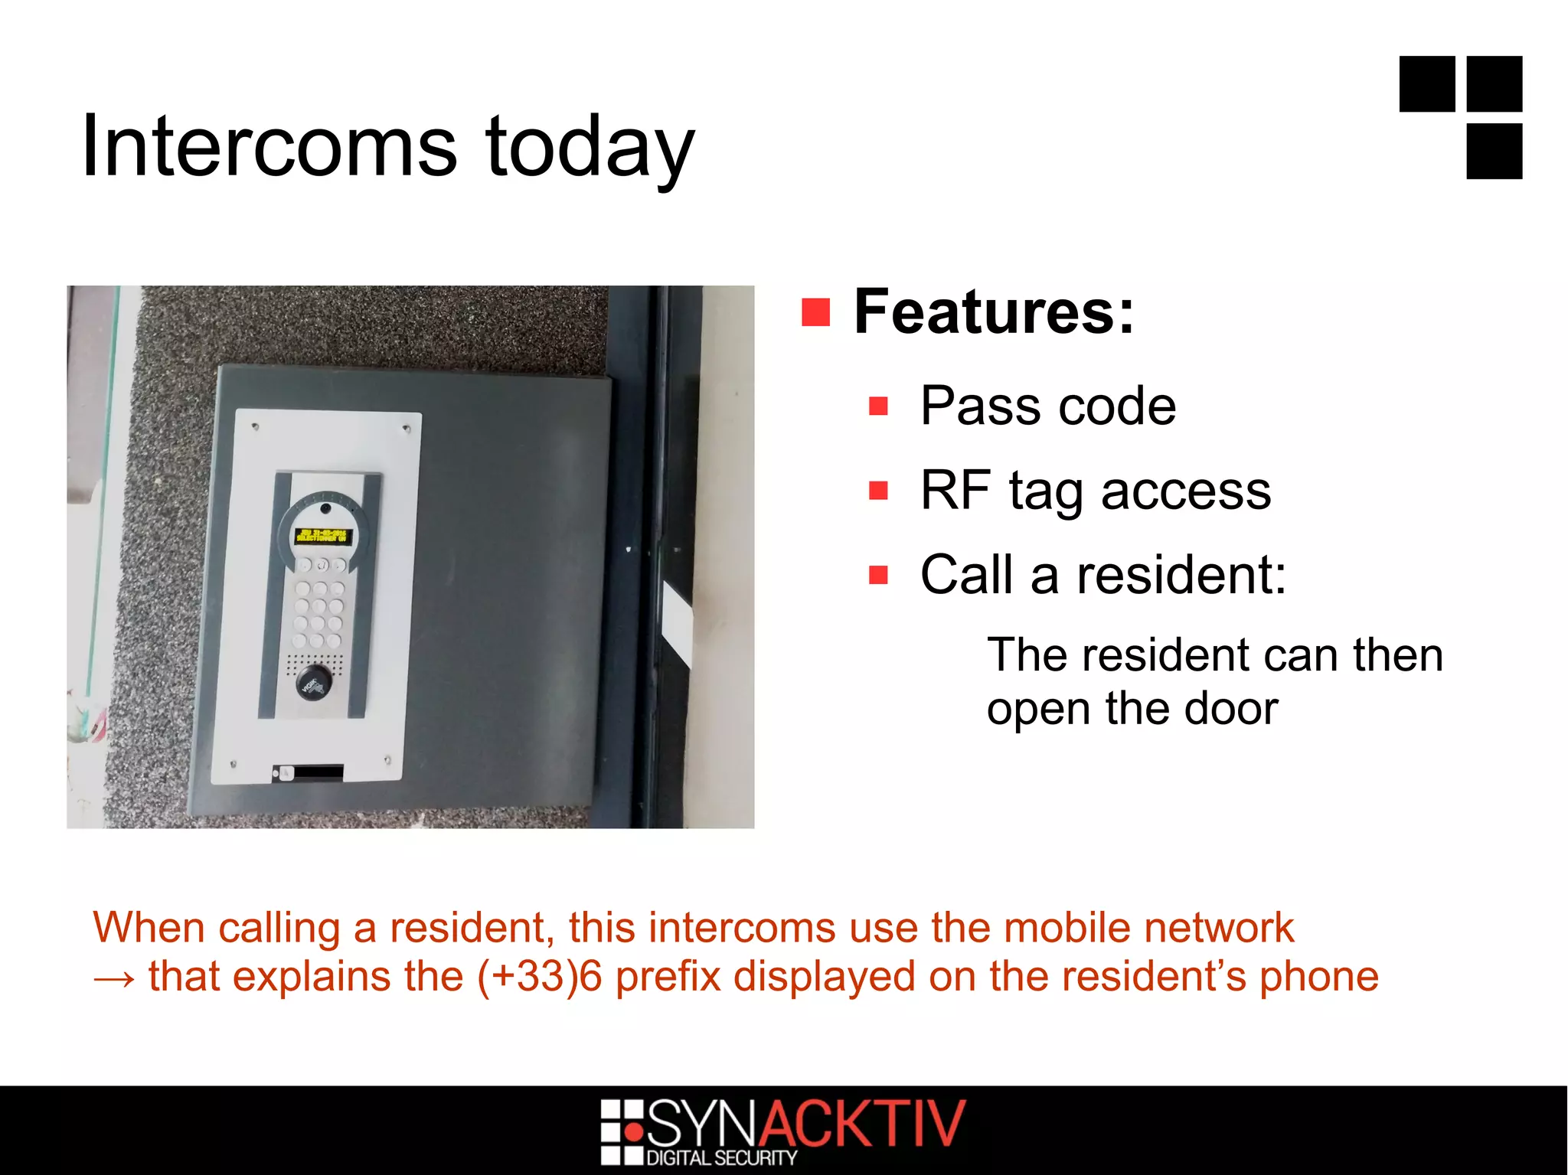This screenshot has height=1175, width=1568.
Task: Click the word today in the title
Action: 590,149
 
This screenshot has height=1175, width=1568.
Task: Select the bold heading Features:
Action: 994,312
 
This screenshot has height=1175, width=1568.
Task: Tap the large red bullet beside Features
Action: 815,312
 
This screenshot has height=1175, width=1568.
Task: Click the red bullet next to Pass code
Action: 878,406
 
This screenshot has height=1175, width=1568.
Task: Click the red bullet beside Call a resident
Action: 878,574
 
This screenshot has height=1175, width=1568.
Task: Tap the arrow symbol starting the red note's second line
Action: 114,978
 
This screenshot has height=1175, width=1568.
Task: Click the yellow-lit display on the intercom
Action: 322,535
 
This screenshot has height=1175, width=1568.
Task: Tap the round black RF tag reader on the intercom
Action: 314,680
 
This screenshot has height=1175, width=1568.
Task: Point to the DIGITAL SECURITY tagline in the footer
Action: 722,1158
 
